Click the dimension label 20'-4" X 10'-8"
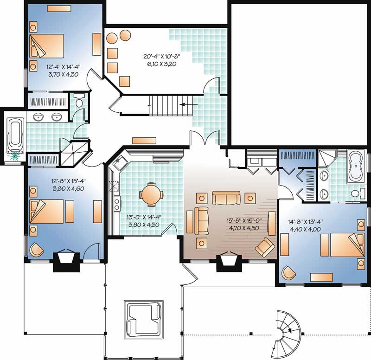tap(161, 57)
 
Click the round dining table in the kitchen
tap(150, 194)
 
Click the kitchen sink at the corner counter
tap(119, 162)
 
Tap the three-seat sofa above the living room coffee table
tap(226, 198)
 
